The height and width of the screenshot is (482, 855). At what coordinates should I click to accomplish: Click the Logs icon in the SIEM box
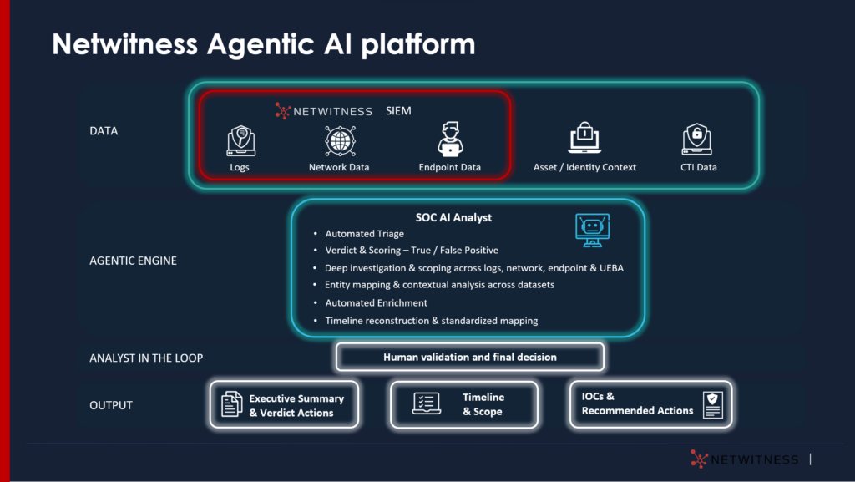[x=240, y=140]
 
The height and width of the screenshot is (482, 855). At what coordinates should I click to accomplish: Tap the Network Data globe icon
[x=339, y=140]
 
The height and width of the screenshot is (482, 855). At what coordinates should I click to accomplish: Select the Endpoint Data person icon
[x=450, y=140]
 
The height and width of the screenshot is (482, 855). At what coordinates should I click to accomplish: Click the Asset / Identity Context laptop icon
[x=584, y=139]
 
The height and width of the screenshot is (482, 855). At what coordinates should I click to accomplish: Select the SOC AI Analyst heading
[x=453, y=217]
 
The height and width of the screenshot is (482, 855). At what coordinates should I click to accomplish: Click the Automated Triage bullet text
[x=364, y=234]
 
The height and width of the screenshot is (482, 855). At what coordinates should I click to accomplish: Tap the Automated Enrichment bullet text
[x=376, y=302]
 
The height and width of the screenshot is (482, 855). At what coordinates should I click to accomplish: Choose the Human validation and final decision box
[x=469, y=357]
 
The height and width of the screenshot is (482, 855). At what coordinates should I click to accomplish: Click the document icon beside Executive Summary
[x=231, y=404]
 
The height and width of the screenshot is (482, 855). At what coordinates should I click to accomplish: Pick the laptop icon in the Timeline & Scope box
[x=427, y=403]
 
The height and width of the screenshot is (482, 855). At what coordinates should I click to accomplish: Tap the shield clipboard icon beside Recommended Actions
[x=712, y=404]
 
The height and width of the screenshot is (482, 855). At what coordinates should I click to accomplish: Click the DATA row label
[x=104, y=131]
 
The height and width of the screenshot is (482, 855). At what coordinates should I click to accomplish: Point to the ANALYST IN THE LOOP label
[x=146, y=358]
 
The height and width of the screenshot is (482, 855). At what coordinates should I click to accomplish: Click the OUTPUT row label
[x=111, y=405]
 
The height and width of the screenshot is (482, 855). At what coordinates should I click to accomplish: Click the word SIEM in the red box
[x=398, y=110]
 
